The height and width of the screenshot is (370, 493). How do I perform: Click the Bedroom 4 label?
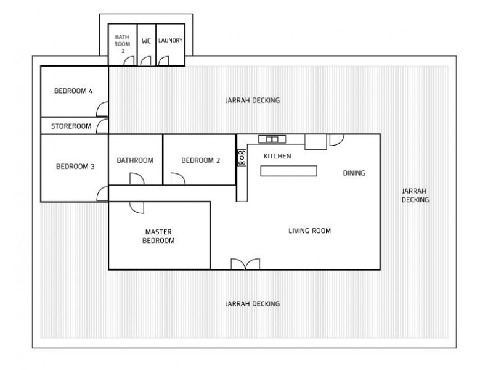[x=73, y=91]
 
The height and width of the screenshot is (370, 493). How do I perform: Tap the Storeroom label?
[x=71, y=126]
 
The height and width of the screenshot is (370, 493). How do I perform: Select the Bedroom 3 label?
[x=75, y=166]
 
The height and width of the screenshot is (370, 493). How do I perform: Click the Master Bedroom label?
[x=158, y=236]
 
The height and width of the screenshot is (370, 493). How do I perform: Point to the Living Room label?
[x=310, y=231]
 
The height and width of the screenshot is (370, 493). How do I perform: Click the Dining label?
[x=354, y=173]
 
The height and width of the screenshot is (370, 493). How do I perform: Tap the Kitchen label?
[x=277, y=157]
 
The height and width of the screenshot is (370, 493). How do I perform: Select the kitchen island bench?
[x=288, y=171]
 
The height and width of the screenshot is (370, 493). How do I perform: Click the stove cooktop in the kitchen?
[x=242, y=158]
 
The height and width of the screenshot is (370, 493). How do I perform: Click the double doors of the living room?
[x=246, y=264]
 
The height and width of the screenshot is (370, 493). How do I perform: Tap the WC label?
[x=146, y=41]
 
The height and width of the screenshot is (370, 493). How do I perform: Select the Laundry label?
[x=170, y=41]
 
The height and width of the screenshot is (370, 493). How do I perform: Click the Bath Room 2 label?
[x=122, y=44]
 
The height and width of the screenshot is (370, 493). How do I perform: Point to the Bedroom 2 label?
[x=200, y=160]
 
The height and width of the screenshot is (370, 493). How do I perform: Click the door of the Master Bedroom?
[x=137, y=207]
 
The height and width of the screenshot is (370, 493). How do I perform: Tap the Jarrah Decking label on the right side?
[x=415, y=195]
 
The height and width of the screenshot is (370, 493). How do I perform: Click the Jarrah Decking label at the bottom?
[x=253, y=304]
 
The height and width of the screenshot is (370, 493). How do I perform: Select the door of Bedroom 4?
[x=103, y=109]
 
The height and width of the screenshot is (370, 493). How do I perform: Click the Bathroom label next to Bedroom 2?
[x=135, y=160]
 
